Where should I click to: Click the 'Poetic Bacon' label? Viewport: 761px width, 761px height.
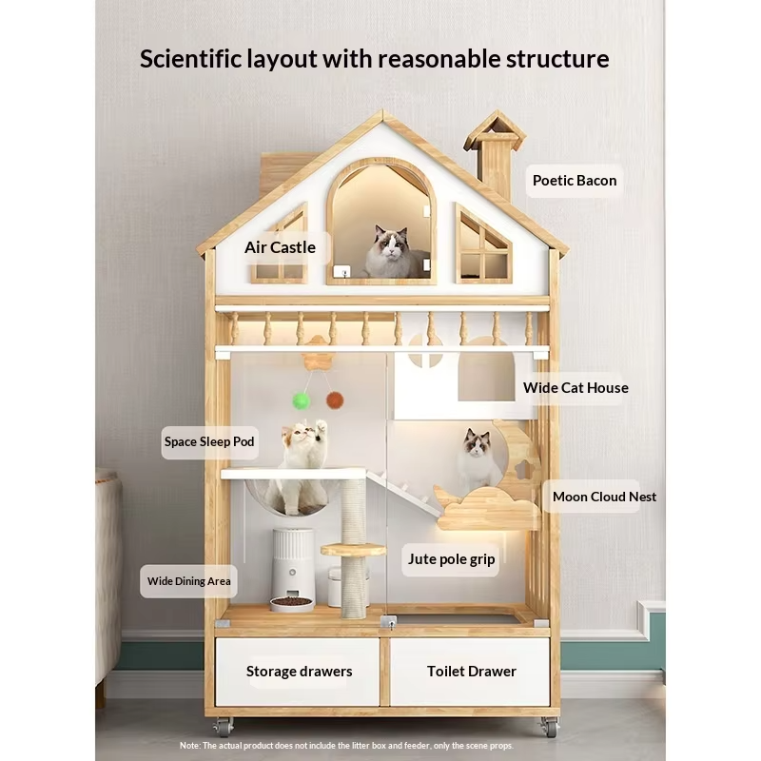(575, 180)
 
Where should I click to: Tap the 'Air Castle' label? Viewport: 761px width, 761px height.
(280, 247)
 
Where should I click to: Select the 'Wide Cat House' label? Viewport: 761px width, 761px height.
(576, 387)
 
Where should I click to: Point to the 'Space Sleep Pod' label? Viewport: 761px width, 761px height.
(209, 441)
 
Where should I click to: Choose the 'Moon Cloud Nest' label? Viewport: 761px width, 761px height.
(604, 497)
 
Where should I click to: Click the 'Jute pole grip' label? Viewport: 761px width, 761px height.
(452, 558)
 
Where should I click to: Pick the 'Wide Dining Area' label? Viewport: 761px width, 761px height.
(188, 581)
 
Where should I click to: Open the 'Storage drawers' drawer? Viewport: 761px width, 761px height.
(299, 672)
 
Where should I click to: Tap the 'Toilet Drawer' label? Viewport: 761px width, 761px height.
(471, 672)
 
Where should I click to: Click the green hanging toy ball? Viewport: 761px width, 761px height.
(302, 400)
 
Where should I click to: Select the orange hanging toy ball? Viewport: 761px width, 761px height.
(335, 400)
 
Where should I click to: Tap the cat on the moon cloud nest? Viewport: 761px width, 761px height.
(478, 460)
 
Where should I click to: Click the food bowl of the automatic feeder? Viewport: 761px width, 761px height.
(291, 601)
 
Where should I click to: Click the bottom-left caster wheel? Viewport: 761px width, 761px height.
(224, 727)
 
